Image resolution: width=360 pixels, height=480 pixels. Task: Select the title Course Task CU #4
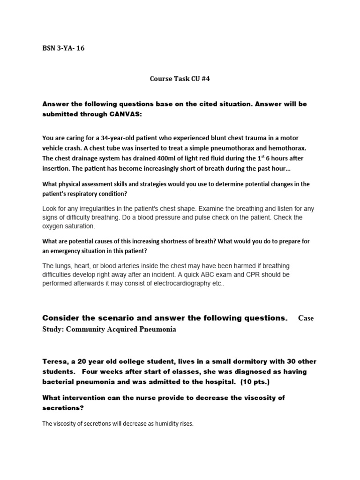point(180,79)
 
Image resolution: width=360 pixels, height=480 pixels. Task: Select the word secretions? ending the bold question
point(62,408)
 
